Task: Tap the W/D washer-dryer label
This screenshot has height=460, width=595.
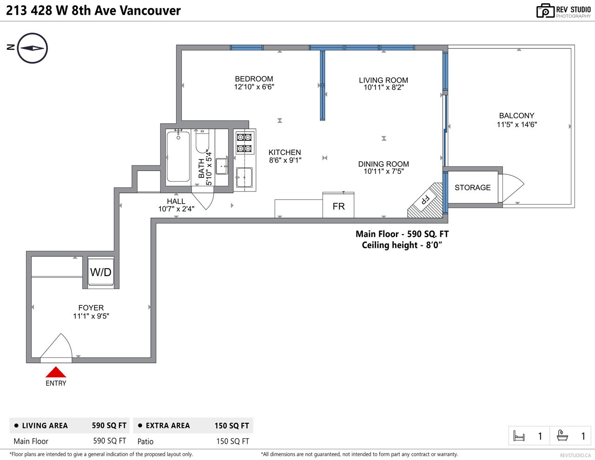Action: [101, 272]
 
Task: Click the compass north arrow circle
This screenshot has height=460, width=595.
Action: [33, 48]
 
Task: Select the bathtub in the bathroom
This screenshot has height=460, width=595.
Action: [178, 157]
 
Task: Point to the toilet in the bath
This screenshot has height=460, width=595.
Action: [202, 141]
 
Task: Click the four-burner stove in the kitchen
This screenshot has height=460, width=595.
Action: [244, 143]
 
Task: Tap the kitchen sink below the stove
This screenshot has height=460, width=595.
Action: [244, 177]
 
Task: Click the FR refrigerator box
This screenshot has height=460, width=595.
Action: [338, 205]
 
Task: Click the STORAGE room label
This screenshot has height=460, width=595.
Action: [473, 187]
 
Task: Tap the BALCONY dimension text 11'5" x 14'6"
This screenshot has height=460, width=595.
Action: [517, 125]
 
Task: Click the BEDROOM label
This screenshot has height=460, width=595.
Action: [254, 79]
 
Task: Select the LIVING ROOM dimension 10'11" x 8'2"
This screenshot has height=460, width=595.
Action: [383, 87]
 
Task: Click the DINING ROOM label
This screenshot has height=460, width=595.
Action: [383, 164]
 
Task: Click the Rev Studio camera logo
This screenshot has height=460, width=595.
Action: [545, 11]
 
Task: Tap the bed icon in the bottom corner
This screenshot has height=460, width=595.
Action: [519, 436]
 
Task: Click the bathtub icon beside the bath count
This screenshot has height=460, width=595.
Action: [562, 435]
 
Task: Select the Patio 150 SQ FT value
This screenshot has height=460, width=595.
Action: [232, 441]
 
